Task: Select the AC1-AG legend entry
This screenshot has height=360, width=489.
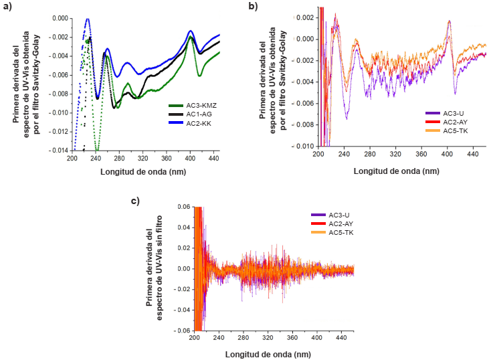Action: coord(191,114)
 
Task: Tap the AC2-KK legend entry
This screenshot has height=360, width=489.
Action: coord(191,123)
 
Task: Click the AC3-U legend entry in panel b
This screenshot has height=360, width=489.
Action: coord(445,113)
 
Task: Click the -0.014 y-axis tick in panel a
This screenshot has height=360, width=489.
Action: coord(58,151)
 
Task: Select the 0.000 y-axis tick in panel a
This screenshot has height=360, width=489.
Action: coord(60,18)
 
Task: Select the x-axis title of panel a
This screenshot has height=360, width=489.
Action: coord(144,171)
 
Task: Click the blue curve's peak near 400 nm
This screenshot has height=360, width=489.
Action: coord(191,31)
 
